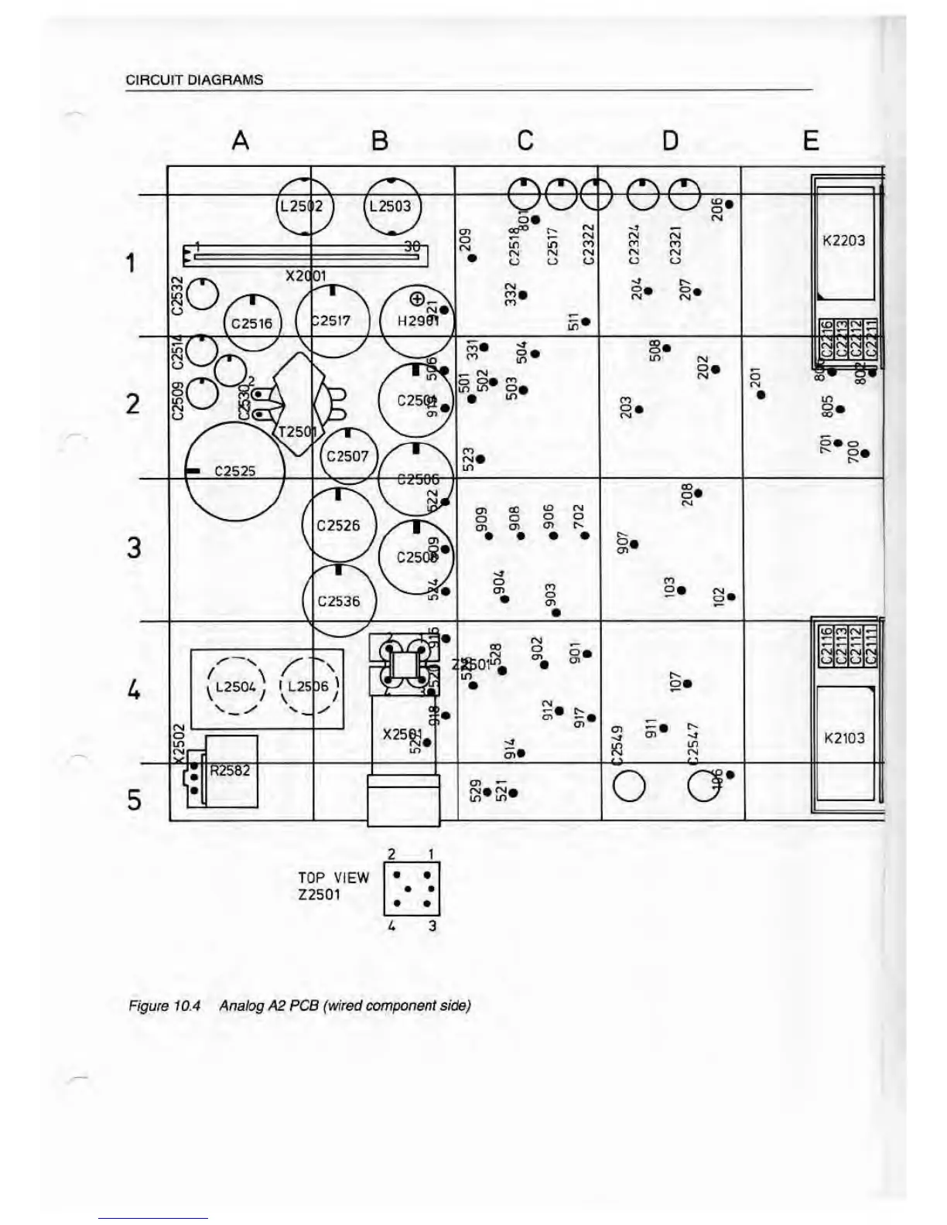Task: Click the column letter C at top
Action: click(x=525, y=140)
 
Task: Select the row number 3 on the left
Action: click(x=135, y=547)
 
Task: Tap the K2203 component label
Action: click(x=843, y=241)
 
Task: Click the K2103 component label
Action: click(x=844, y=738)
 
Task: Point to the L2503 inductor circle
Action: click(x=391, y=206)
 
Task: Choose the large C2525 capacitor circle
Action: click(x=234, y=471)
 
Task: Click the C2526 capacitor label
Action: click(x=339, y=525)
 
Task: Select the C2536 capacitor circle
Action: click(x=339, y=601)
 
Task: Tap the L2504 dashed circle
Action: click(x=236, y=687)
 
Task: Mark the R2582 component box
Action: click(x=231, y=771)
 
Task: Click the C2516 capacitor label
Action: click(x=252, y=323)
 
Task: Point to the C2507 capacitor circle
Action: click(x=347, y=456)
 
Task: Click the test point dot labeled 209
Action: click(x=472, y=258)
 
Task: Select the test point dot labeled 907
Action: click(x=634, y=544)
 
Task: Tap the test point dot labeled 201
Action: click(x=761, y=394)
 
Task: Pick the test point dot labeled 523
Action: click(x=480, y=459)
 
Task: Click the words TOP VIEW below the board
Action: click(x=333, y=878)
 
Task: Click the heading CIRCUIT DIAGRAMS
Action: click(x=194, y=80)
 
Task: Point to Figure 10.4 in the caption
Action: click(x=164, y=1005)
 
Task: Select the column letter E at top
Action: click(x=810, y=140)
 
